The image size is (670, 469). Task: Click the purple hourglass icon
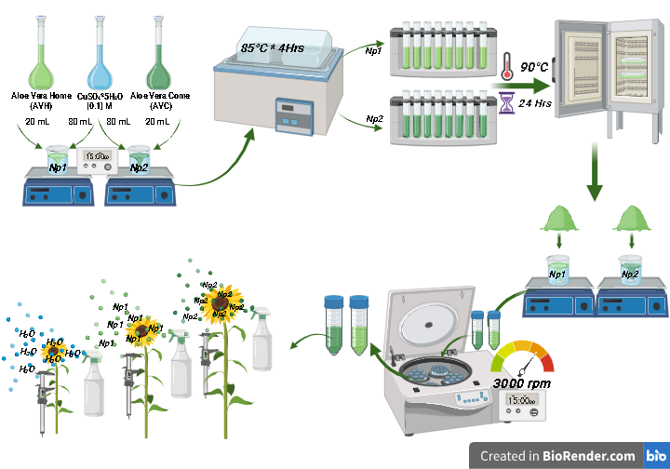[507, 101]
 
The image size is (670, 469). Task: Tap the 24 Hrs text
[536, 103]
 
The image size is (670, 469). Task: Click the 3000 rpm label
[524, 382]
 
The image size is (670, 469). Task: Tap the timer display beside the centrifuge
[523, 405]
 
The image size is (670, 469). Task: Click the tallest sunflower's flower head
[221, 301]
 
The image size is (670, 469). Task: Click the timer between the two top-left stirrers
[99, 160]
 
